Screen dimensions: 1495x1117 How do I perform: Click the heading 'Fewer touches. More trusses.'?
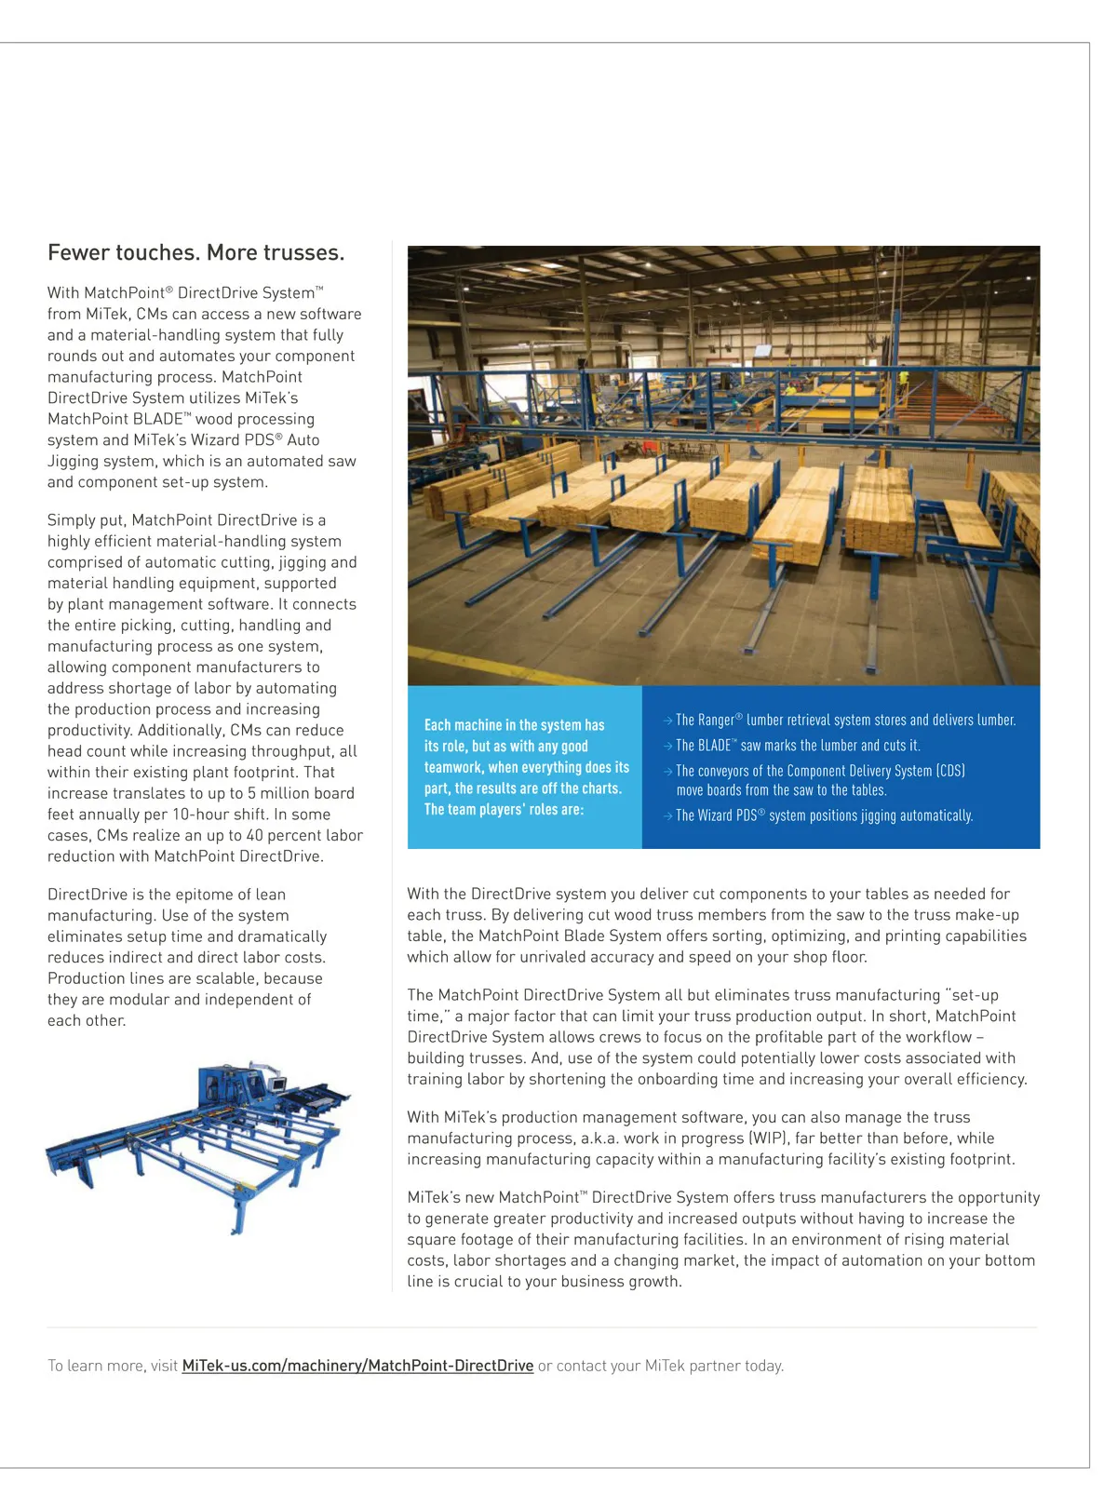pos(195,253)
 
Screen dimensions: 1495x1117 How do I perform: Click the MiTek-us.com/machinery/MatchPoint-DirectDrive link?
pos(357,1366)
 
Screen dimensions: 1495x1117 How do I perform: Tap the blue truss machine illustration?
pos(198,1145)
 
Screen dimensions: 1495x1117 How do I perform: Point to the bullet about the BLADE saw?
pos(797,746)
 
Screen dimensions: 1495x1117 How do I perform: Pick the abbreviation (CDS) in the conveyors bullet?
pos(950,771)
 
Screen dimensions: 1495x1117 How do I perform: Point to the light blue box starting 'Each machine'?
pos(525,767)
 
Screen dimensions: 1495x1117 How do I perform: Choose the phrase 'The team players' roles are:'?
pos(504,810)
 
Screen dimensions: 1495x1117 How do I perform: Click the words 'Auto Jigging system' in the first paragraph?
pos(186,451)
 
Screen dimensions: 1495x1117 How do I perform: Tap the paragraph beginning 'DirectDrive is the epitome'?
pos(187,957)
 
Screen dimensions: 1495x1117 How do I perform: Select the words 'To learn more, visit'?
pos(113,1366)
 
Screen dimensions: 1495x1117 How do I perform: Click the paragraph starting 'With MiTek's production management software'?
pos(710,1138)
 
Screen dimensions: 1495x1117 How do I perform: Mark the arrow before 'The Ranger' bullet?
pos(667,721)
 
